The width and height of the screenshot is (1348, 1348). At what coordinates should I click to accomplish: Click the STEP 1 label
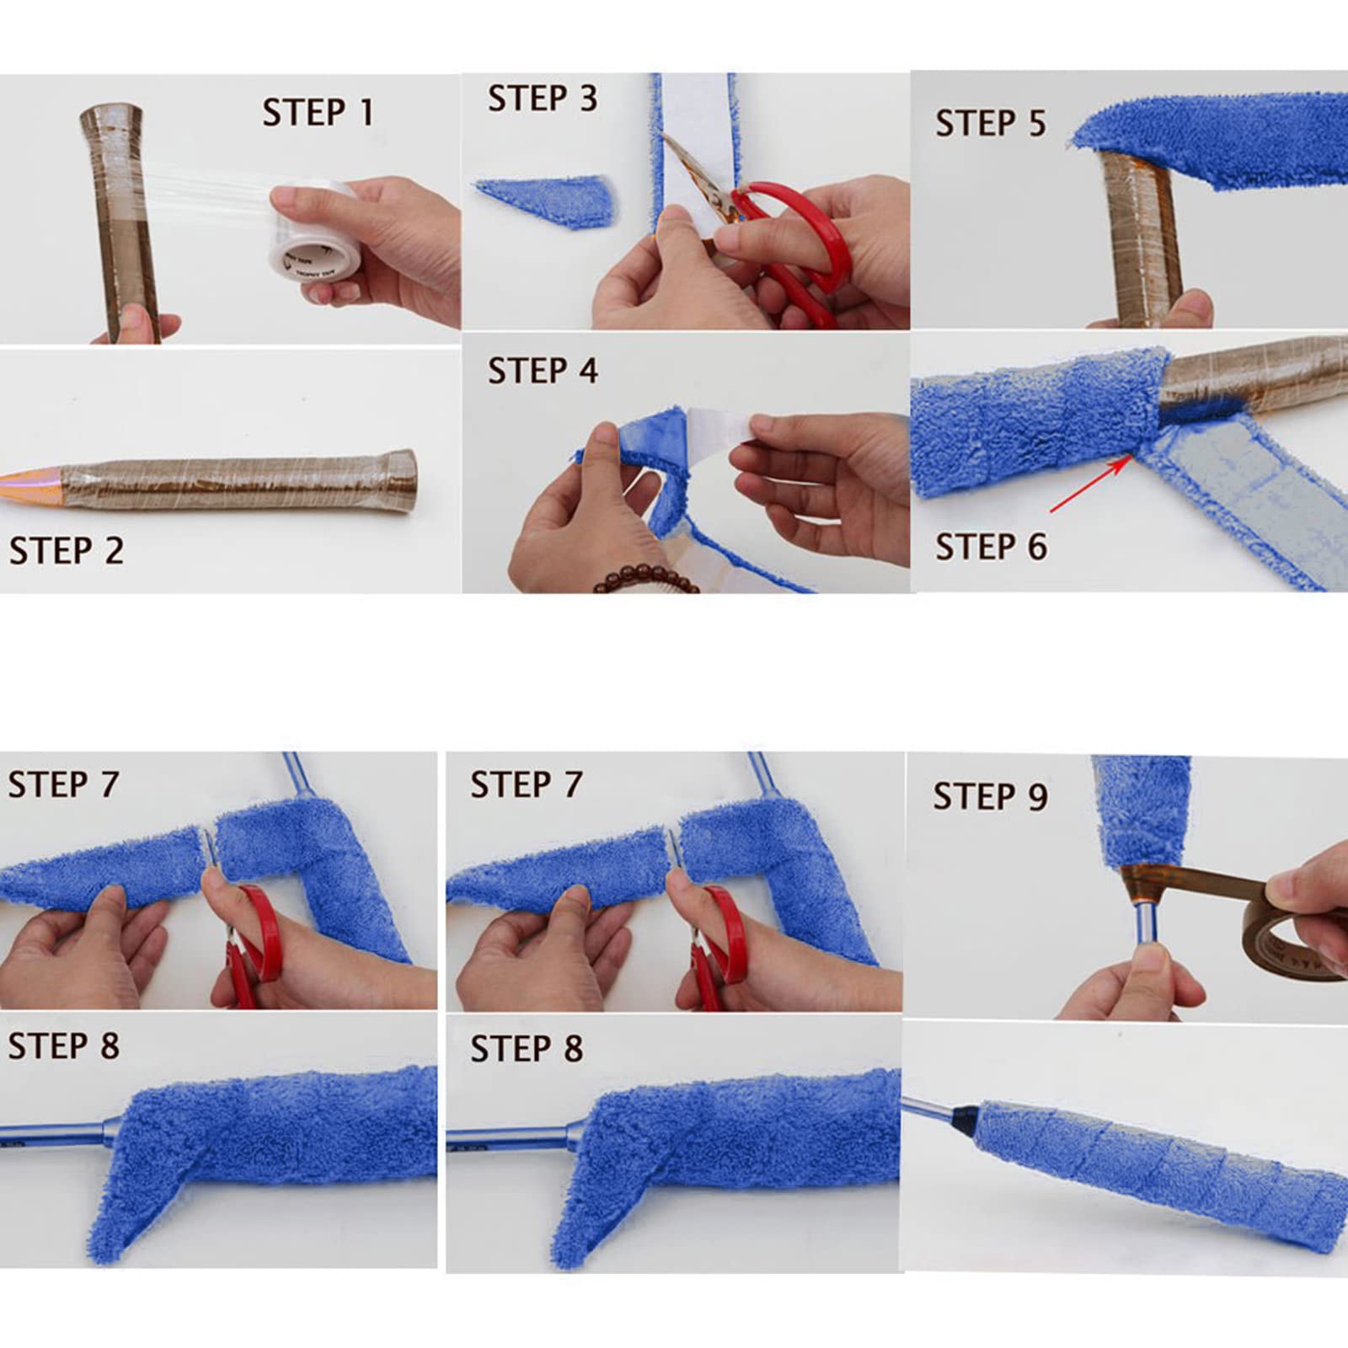point(318,113)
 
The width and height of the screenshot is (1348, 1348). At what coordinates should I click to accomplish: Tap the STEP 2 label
point(67,551)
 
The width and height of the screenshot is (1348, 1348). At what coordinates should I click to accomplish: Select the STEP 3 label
point(543,99)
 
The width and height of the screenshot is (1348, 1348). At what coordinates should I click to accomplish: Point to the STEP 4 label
point(543,371)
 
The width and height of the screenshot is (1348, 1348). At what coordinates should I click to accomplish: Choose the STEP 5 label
point(991,123)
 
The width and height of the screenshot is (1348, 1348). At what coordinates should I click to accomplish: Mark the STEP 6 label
point(991,548)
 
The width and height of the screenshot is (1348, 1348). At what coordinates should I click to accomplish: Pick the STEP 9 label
point(990,796)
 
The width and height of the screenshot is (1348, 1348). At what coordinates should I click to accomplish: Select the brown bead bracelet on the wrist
point(645,580)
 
